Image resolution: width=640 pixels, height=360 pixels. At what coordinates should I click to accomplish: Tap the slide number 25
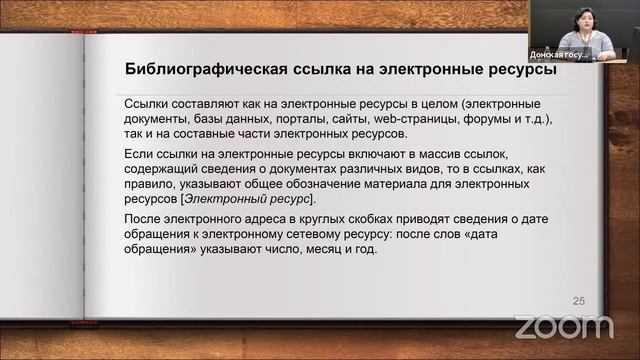pos(578,301)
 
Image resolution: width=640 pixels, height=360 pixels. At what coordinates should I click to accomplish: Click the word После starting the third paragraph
pos(142,219)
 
